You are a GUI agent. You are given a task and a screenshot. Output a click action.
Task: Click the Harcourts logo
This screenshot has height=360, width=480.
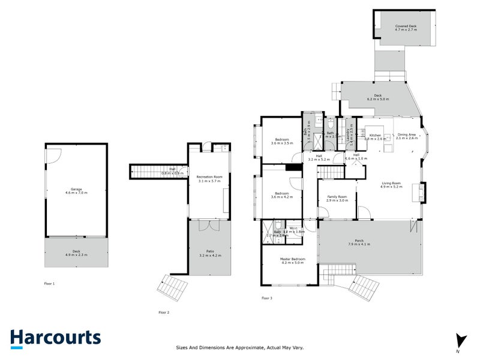click(55, 338)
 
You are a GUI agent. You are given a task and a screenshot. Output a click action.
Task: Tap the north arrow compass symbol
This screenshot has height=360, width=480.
click(460, 340)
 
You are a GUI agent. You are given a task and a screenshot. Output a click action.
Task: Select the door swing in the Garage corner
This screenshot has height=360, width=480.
click(52, 155)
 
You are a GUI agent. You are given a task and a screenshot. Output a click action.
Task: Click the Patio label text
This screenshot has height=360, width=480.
click(209, 252)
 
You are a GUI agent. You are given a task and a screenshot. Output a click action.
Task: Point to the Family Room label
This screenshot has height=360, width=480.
click(337, 197)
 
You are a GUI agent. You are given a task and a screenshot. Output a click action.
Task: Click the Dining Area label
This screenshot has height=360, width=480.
click(407, 135)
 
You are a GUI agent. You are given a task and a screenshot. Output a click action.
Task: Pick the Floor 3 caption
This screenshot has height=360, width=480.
click(266, 298)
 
